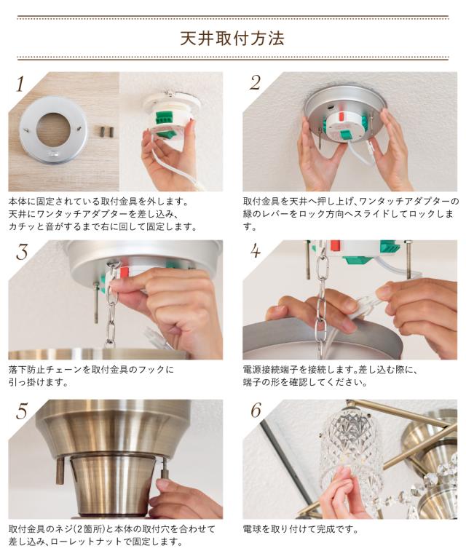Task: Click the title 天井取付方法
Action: (232, 38)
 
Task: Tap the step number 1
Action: (20, 84)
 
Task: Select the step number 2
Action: (256, 83)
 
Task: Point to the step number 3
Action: (22, 252)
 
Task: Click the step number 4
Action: (256, 250)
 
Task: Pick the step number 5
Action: (22, 411)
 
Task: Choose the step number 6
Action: (256, 410)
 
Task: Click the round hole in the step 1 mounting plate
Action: (52, 130)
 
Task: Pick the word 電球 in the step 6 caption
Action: (252, 528)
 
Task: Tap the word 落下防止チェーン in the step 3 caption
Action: (46, 369)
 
